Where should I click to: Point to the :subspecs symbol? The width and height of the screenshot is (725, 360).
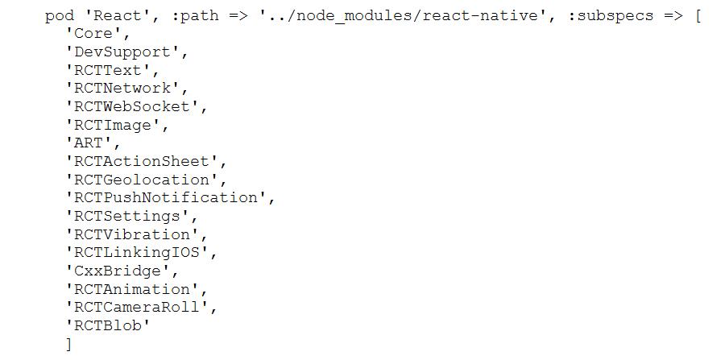[610, 16]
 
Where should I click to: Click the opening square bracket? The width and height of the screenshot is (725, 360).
[698, 16]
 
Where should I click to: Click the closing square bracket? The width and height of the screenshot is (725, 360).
[69, 345]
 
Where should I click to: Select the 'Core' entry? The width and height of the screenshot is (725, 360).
[97, 34]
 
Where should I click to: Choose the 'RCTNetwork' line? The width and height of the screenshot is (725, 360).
[126, 89]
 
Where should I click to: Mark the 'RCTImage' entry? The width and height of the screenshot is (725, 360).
[116, 125]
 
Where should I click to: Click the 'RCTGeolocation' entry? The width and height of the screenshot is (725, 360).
[145, 180]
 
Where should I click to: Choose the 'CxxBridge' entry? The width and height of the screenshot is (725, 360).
[121, 271]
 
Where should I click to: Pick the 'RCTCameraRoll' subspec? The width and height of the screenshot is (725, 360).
[140, 308]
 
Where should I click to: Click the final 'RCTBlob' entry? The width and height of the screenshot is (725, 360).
[108, 325]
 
